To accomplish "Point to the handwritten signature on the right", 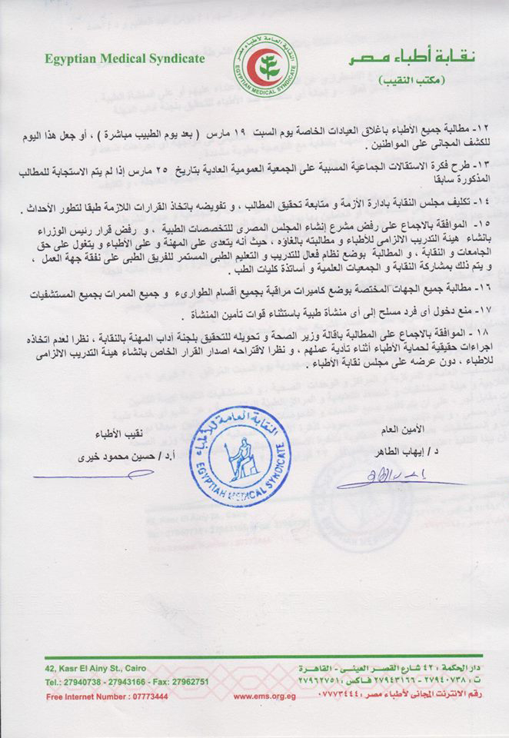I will [x=377, y=481].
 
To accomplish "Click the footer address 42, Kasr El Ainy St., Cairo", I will [x=94, y=668].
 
